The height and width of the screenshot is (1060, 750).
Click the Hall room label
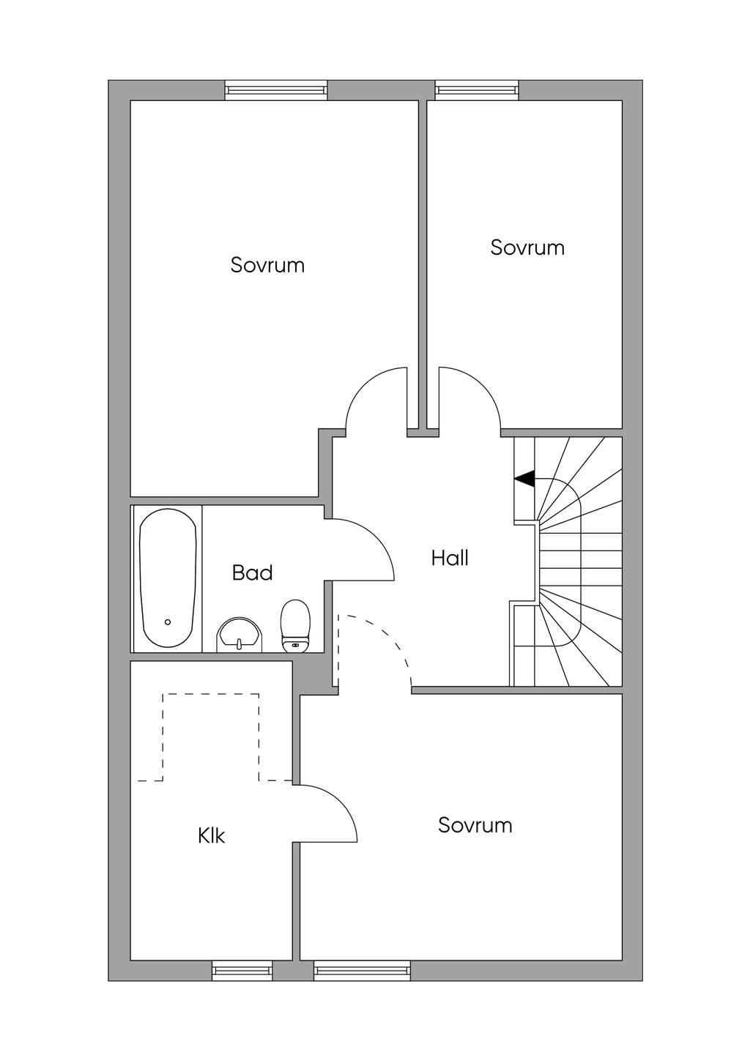pyautogui.click(x=449, y=559)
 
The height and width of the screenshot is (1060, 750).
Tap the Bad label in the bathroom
pyautogui.click(x=253, y=573)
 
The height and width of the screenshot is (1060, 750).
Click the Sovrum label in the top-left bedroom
pyautogui.click(x=267, y=265)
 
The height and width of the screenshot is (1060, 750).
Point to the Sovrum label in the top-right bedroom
pyautogui.click(x=527, y=247)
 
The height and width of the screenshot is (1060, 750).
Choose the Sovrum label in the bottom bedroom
pyautogui.click(x=475, y=825)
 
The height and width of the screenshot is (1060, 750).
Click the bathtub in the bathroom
pyautogui.click(x=168, y=578)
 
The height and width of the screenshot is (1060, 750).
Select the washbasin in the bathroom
pyautogui.click(x=239, y=635)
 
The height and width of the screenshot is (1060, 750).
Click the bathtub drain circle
pyautogui.click(x=168, y=622)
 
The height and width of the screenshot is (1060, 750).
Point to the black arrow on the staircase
pyautogui.click(x=524, y=479)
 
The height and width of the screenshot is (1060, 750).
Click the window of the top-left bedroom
pyautogui.click(x=276, y=90)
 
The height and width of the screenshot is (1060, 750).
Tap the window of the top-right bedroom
pyautogui.click(x=477, y=90)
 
